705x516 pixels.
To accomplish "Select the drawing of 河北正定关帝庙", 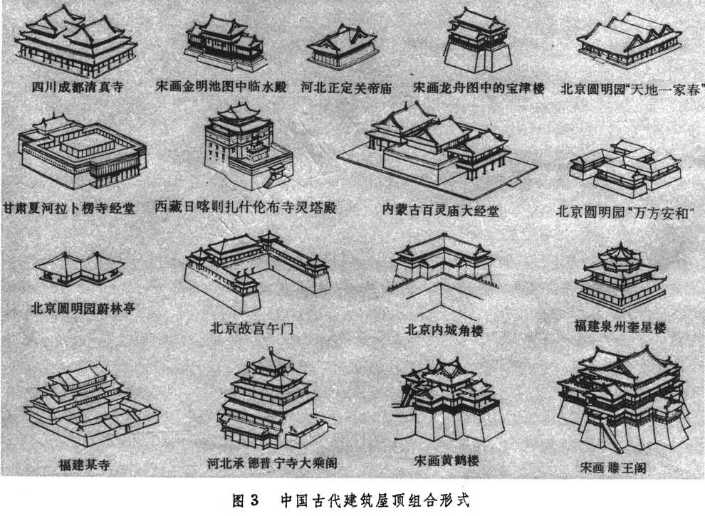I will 342,48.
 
